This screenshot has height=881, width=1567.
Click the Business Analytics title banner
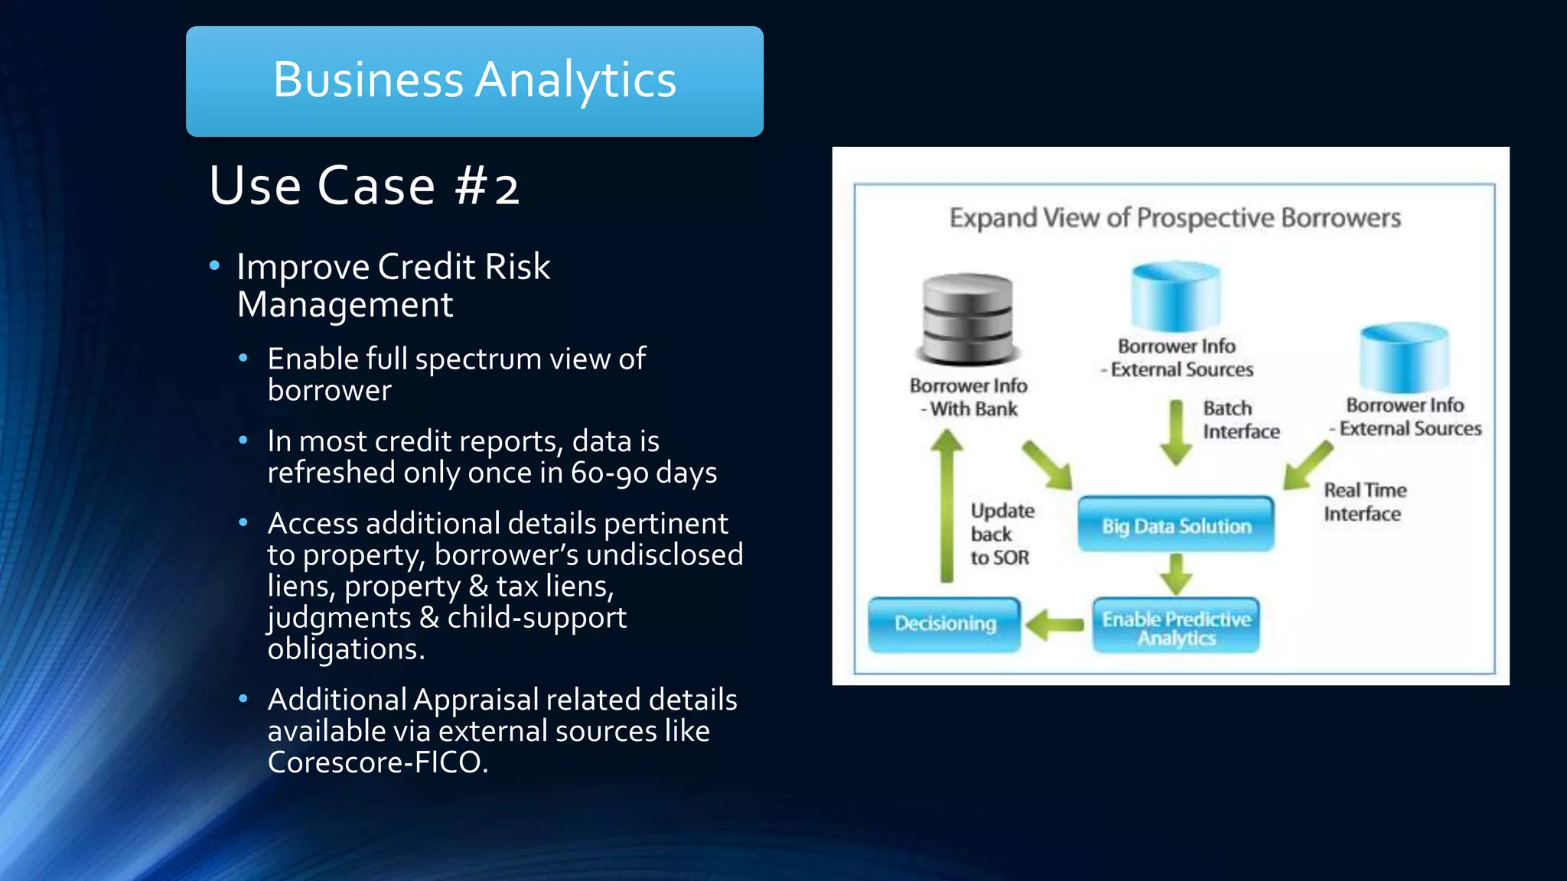pyautogui.click(x=474, y=81)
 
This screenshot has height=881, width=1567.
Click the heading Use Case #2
pyautogui.click(x=364, y=186)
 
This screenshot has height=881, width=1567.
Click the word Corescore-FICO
pyautogui.click(x=377, y=762)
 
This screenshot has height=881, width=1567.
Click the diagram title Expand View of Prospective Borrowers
pyautogui.click(x=1174, y=218)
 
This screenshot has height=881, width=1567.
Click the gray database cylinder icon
pyautogui.click(x=968, y=318)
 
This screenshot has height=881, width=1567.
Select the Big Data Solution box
pyautogui.click(x=1176, y=525)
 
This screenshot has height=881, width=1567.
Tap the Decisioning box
pyautogui.click(x=945, y=624)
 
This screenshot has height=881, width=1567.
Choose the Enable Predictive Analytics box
pyautogui.click(x=1176, y=627)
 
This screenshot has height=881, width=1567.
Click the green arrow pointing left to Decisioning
pyautogui.click(x=1055, y=625)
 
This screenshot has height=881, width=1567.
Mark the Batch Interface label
pyautogui.click(x=1240, y=420)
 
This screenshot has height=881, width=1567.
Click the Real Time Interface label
pyautogui.click(x=1365, y=502)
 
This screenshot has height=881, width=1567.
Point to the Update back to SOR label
pyautogui.click(x=1002, y=534)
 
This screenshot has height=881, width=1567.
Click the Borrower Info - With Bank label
pyautogui.click(x=969, y=397)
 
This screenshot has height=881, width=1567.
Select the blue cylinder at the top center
pyautogui.click(x=1176, y=297)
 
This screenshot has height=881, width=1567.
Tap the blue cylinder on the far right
pyautogui.click(x=1404, y=357)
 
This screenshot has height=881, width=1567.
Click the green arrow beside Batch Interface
pyautogui.click(x=1176, y=432)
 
